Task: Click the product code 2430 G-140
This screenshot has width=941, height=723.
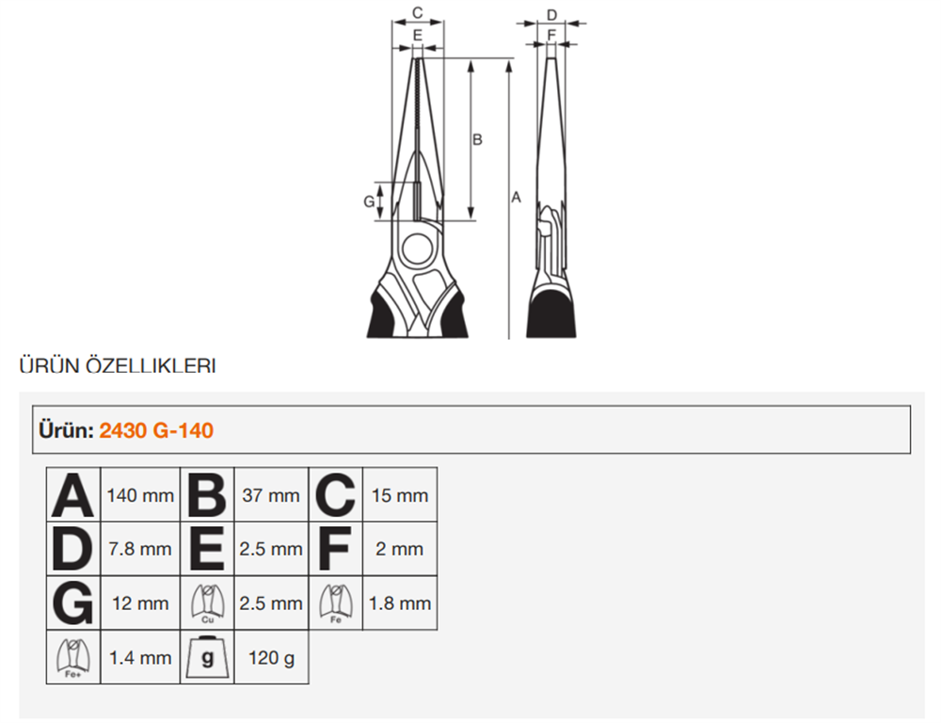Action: [156, 430]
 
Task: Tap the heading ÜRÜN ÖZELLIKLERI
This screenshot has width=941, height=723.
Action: [118, 365]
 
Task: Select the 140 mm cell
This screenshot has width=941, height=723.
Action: [140, 495]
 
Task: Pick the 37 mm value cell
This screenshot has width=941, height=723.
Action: [271, 495]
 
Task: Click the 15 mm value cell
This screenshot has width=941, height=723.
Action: [400, 495]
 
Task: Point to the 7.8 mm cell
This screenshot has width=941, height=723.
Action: [140, 549]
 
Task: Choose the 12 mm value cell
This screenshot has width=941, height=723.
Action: [140, 602]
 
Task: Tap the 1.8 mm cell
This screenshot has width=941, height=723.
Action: [400, 602]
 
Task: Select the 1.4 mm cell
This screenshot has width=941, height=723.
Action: [140, 657]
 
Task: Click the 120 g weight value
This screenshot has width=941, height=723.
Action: [271, 657]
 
